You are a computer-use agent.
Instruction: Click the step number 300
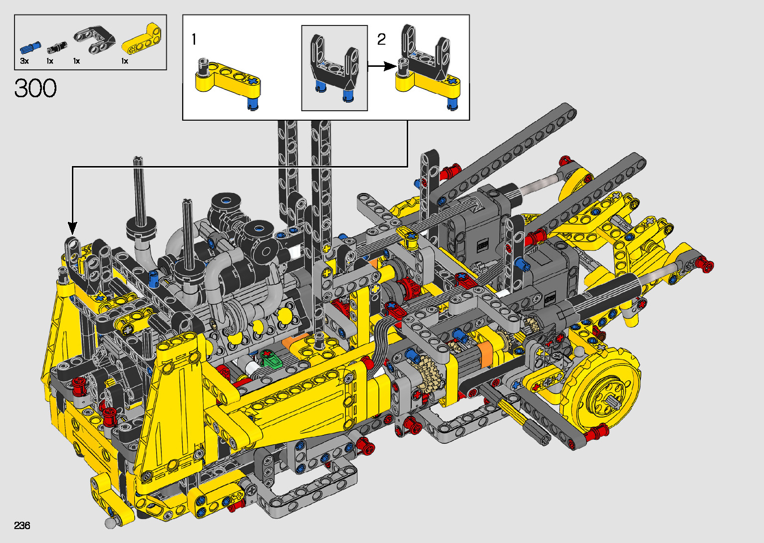(x=35, y=88)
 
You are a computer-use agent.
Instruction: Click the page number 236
(x=22, y=525)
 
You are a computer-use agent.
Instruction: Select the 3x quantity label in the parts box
(x=24, y=61)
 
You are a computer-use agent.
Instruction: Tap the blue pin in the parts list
(x=30, y=48)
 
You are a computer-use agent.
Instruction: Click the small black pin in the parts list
(x=56, y=47)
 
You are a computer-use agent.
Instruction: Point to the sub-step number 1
(x=194, y=39)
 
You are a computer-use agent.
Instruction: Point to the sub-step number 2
(x=381, y=39)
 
